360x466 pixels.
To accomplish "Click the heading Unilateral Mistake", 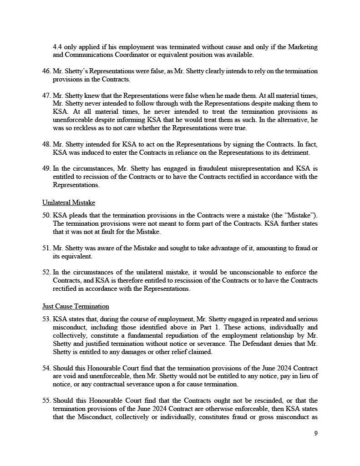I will (69, 203).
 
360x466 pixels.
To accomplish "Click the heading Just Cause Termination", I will (76, 306).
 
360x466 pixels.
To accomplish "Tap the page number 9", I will (316, 433).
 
